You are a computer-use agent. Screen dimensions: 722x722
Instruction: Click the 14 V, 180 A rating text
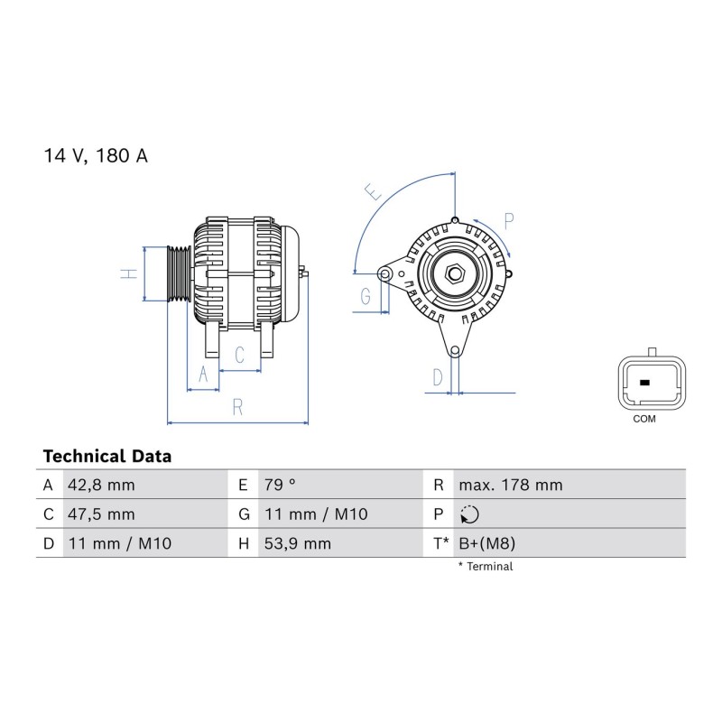(x=96, y=155)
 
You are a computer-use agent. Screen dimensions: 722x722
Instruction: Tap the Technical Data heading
(x=107, y=457)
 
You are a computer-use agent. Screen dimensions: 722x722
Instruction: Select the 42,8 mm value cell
(x=101, y=486)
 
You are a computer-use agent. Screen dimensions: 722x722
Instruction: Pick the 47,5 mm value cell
(x=101, y=514)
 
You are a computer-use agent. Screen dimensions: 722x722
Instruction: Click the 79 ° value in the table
(x=280, y=485)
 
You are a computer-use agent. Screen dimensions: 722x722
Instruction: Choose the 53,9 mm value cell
(x=298, y=544)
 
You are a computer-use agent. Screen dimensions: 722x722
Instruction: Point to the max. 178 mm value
(x=511, y=486)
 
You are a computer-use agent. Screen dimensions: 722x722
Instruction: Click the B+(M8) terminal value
(x=487, y=544)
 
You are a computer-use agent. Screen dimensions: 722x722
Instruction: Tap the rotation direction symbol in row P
(x=469, y=514)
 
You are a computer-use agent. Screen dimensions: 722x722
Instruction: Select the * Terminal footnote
(x=486, y=567)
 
